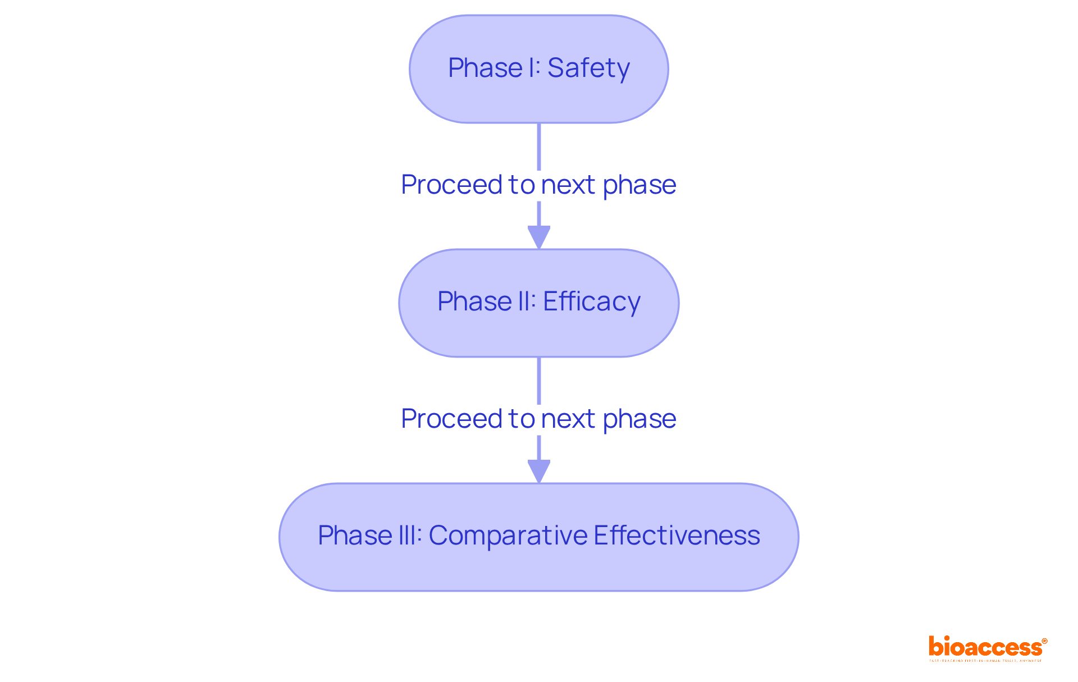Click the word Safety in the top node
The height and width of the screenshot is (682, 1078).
pos(588,68)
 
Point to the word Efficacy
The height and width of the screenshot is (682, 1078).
pos(591,301)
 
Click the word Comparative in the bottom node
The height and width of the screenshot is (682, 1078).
pos(508,535)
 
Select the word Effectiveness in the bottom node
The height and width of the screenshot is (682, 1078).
pos(677,535)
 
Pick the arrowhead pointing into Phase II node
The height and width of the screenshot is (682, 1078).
pos(539,237)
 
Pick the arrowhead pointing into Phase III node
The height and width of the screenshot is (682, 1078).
pos(539,471)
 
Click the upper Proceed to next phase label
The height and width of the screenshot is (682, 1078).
pos(539,185)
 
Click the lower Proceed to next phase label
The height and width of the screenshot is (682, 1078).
pos(539,419)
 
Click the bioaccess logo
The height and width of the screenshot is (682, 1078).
pos(985,647)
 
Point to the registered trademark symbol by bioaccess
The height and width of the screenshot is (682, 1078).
pos(1044,641)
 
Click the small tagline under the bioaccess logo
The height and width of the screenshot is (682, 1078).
pos(985,661)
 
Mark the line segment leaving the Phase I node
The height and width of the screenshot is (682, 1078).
pos(539,146)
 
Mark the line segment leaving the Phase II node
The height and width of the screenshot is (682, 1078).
pos(539,380)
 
